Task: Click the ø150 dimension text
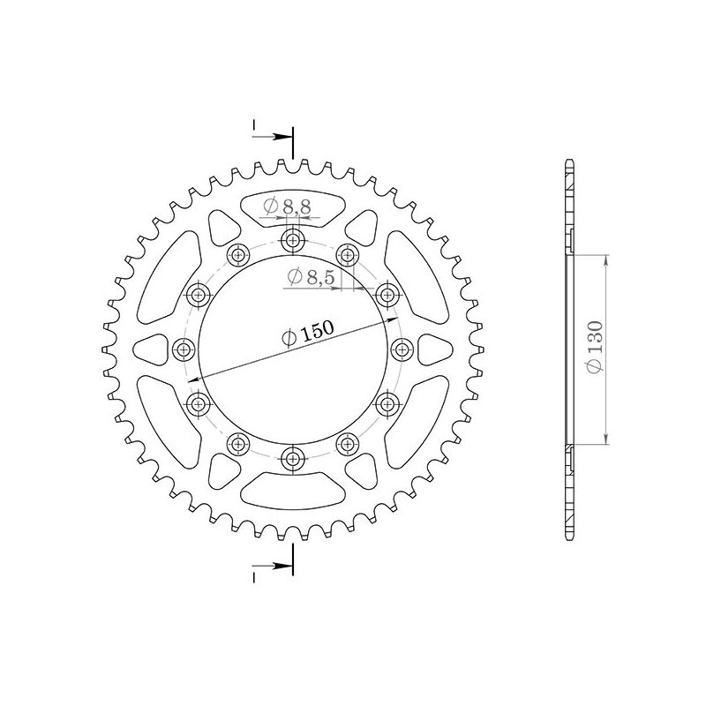coord(307,332)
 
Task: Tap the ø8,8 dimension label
coord(287,207)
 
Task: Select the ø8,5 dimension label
coord(310,278)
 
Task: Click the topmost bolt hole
coord(292,240)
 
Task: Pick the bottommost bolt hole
coord(292,457)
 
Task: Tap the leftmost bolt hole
coord(184,349)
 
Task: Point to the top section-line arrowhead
coord(285,137)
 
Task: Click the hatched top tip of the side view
coord(569,176)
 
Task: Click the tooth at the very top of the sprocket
coord(292,164)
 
